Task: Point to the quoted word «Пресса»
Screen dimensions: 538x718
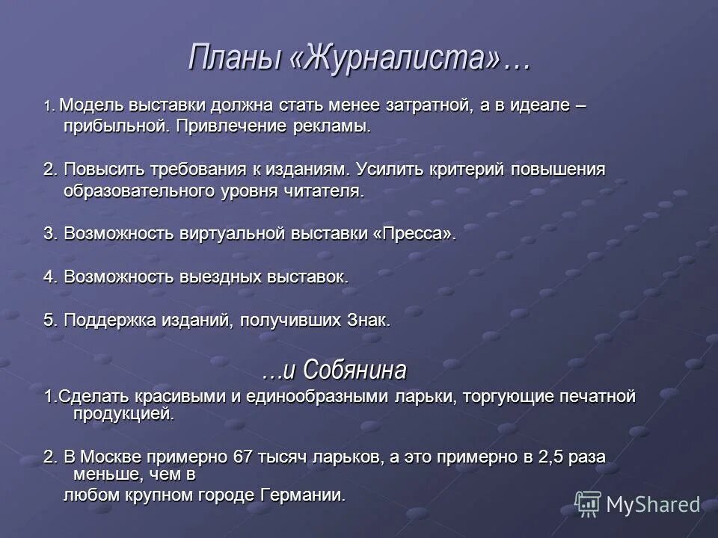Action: (x=413, y=233)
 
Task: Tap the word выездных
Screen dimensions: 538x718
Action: (x=220, y=276)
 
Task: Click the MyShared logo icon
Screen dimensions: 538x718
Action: (x=588, y=504)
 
